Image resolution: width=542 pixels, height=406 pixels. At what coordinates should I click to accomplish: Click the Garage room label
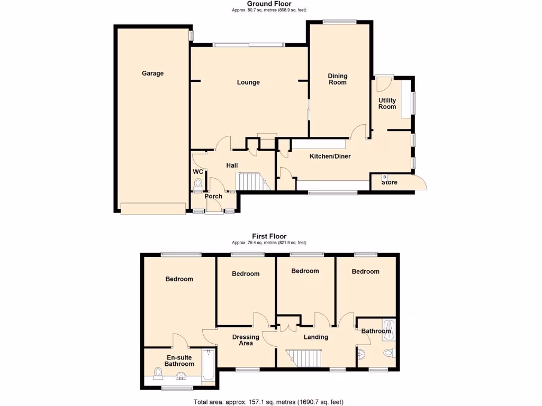pyautogui.click(x=152, y=73)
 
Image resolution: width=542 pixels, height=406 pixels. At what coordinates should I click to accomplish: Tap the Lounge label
pyautogui.click(x=248, y=82)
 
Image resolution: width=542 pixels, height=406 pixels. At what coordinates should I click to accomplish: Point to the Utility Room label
pyautogui.click(x=387, y=104)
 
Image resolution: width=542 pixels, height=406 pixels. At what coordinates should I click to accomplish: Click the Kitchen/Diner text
pyautogui.click(x=330, y=156)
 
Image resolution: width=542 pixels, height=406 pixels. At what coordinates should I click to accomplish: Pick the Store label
pyautogui.click(x=389, y=183)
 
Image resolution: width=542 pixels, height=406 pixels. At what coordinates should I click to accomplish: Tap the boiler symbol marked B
pyautogui.click(x=385, y=177)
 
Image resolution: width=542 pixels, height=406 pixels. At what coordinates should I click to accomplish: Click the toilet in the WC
pyautogui.click(x=198, y=184)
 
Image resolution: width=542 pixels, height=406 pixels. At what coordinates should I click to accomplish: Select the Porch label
pyautogui.click(x=213, y=197)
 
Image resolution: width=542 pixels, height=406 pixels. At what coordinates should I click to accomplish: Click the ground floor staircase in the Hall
pyautogui.click(x=250, y=181)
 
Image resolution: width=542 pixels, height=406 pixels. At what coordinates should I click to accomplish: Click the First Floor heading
pyautogui.click(x=269, y=236)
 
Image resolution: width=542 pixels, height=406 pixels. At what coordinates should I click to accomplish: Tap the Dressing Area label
pyautogui.click(x=246, y=340)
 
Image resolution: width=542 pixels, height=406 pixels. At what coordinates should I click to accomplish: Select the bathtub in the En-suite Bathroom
pyautogui.click(x=209, y=366)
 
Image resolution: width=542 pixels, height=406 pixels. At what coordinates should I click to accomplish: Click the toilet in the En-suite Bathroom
pyautogui.click(x=157, y=374)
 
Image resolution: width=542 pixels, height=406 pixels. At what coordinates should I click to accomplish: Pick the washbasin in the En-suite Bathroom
pyautogui.click(x=181, y=377)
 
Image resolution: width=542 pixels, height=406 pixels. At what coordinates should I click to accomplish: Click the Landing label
pyautogui.click(x=315, y=337)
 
